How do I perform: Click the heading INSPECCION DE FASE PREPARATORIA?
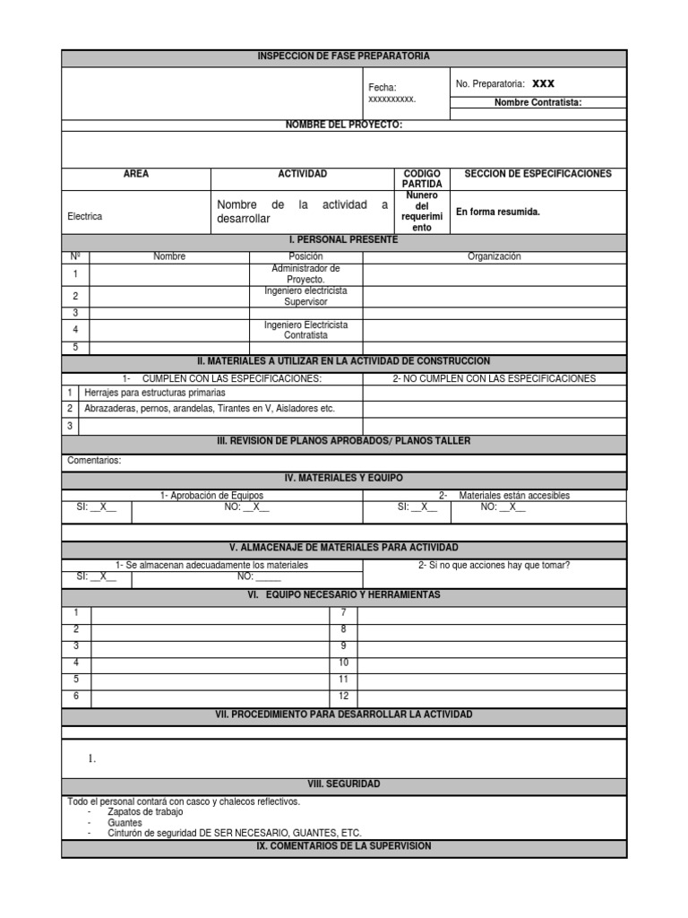pos(344,56)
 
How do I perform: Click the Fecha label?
pos(383,87)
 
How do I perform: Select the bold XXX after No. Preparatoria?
pos(544,83)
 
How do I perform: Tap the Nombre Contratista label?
pos(537,102)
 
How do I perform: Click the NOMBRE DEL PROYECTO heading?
pos(344,125)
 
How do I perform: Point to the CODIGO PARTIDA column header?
pos(421,178)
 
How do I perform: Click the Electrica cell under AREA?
pos(85,216)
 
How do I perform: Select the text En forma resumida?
pos(498,212)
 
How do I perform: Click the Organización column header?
pos(494,256)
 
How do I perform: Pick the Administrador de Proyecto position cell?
pos(305,273)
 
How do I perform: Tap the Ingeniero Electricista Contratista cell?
pos(305,330)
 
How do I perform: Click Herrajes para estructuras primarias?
pos(155,393)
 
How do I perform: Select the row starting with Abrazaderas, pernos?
pos(209,409)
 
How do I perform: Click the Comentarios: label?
pos(94,461)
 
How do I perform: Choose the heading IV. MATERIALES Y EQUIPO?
pos(344,480)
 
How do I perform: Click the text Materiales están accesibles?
pos(514,496)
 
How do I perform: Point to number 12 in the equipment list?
pos(343,696)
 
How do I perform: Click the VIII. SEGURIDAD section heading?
pos(344,784)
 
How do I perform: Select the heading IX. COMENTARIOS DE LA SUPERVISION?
pos(344,846)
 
